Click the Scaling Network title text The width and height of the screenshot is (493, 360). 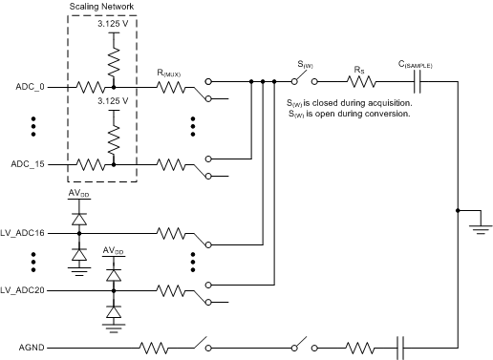(x=102, y=8)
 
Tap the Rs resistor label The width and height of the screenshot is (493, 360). (x=358, y=70)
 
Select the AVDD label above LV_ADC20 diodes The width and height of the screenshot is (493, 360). (x=114, y=251)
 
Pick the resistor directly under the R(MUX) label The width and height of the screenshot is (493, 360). (x=174, y=86)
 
